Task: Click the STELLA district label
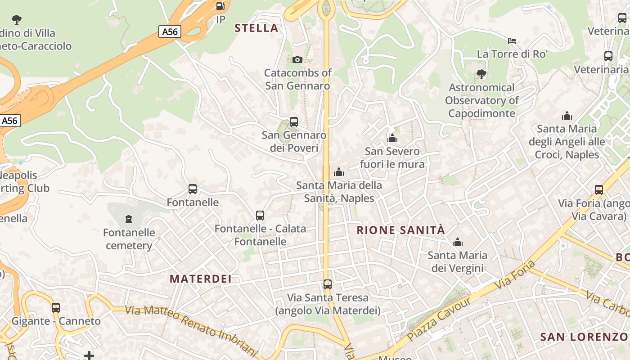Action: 256,28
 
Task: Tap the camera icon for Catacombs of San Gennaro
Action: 297,59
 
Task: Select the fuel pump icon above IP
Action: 220,6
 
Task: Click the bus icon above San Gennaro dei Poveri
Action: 294,121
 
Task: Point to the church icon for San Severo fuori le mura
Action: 392,138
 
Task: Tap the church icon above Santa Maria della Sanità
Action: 339,172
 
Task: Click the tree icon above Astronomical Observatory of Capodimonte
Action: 481,74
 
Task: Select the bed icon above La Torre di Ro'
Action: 512,41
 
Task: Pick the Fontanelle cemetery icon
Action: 129,220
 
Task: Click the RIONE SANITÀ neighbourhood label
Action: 400,230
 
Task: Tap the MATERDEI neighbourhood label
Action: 201,279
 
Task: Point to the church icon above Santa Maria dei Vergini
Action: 458,243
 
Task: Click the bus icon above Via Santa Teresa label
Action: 328,284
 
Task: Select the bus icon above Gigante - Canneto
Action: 56,308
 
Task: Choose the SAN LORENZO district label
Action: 584,337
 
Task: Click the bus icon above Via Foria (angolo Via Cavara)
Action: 599,190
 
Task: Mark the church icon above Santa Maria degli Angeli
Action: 567,116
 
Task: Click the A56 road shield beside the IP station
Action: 170,31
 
